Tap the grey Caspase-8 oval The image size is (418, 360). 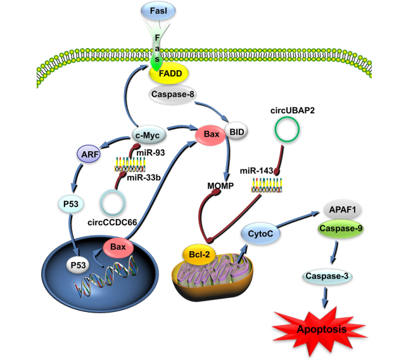coord(170,95)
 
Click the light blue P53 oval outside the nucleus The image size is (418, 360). coord(71,204)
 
